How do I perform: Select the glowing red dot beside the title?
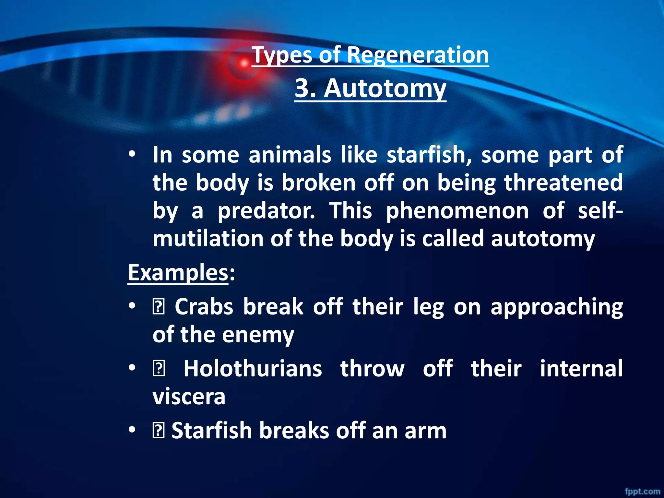coord(244,64)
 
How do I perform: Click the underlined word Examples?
coord(178,273)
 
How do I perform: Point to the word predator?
coord(266,211)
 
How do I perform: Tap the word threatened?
coord(563,183)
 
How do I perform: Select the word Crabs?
coord(204,306)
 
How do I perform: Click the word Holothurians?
coord(253,369)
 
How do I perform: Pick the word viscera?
coord(189,397)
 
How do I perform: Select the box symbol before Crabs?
coord(159,307)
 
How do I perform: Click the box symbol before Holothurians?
coord(159,369)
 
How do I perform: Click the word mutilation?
coord(208,239)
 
